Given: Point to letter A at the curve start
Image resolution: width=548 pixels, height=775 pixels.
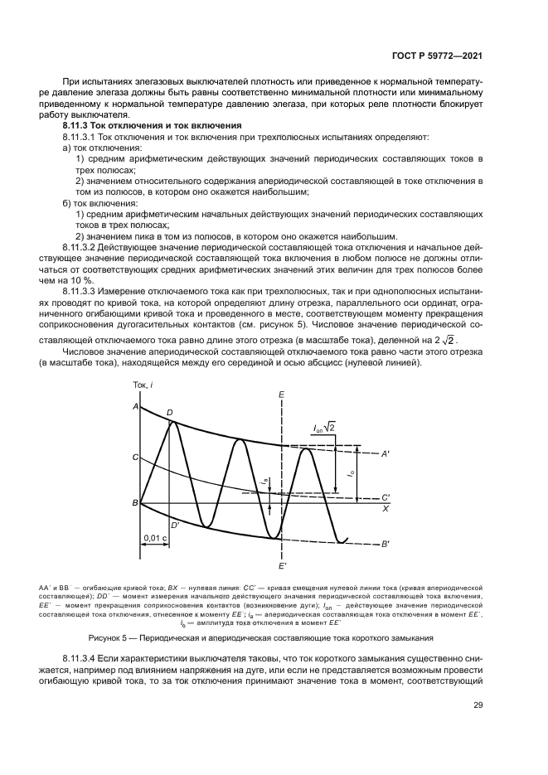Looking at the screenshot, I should [x=134, y=406].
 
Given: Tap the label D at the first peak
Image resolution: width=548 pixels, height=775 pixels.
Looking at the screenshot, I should [x=170, y=412].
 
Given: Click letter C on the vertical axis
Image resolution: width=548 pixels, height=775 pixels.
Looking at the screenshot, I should [x=134, y=457].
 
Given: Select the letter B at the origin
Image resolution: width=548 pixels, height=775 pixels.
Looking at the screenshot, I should [x=134, y=503].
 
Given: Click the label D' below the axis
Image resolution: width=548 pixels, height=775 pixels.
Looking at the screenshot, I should [x=174, y=525].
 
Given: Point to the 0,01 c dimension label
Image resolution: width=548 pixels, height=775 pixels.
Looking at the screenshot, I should [x=155, y=538].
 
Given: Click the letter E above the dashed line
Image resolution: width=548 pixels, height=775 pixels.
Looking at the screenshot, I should [x=282, y=393].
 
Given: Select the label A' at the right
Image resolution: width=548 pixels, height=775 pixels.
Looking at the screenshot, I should [x=385, y=453].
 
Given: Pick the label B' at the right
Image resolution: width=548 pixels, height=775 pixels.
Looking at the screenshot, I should [x=386, y=544].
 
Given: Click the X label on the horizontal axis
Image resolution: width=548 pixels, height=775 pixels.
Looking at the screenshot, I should [x=385, y=508].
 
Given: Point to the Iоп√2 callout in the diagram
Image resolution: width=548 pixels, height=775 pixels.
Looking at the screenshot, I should [x=323, y=428].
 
